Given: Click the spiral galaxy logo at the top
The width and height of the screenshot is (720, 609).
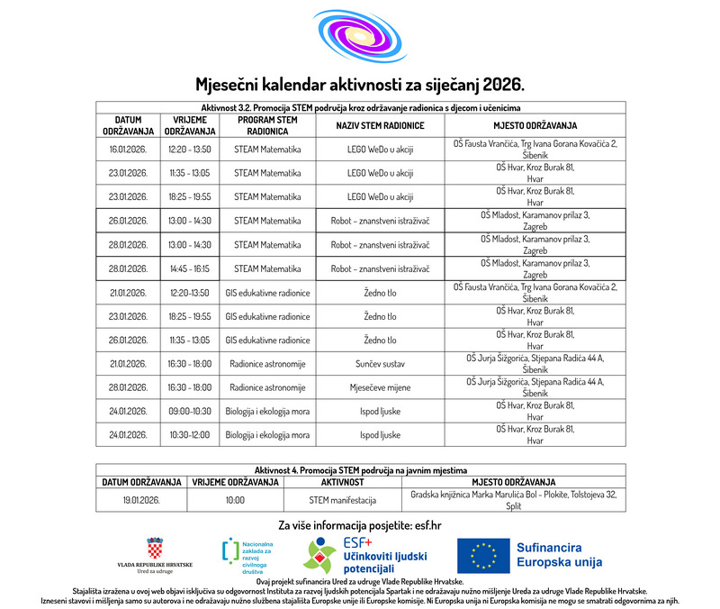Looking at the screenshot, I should point(360,37).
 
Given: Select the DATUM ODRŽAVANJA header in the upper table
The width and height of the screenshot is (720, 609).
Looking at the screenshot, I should point(127,125).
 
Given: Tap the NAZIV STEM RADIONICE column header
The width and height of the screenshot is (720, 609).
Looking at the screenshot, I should point(380,125).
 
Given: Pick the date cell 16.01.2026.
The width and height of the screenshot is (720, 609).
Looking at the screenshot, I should point(127,149).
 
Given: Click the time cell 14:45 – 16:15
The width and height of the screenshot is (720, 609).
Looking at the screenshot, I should point(189,268).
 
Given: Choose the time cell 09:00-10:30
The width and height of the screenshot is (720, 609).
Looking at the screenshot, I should point(189,412).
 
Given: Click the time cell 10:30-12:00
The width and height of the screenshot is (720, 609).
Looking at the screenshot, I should point(189,435).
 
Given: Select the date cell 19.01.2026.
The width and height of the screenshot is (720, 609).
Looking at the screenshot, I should point(141,499).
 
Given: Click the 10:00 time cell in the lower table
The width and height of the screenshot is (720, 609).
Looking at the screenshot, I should point(235,499).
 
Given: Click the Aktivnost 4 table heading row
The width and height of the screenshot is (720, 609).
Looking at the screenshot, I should point(360,470).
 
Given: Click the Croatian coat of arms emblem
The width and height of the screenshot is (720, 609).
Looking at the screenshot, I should point(155,548).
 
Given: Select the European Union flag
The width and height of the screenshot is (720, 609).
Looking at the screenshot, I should point(481,556).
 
